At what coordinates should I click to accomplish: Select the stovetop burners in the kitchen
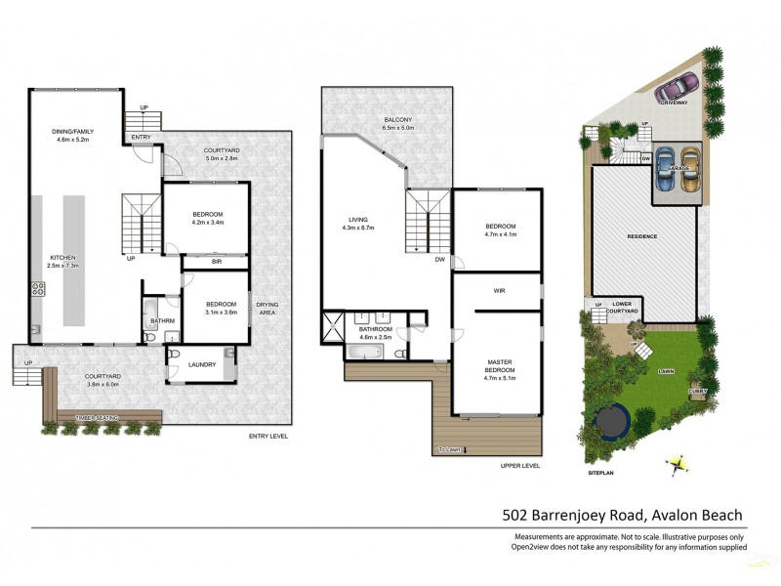point(39,289)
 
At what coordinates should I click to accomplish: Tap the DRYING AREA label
point(267,308)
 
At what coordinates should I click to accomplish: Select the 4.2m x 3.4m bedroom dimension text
point(207,223)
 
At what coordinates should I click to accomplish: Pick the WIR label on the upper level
point(496,290)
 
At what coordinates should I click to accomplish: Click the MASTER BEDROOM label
point(499,366)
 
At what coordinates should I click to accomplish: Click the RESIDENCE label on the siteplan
point(642,236)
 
